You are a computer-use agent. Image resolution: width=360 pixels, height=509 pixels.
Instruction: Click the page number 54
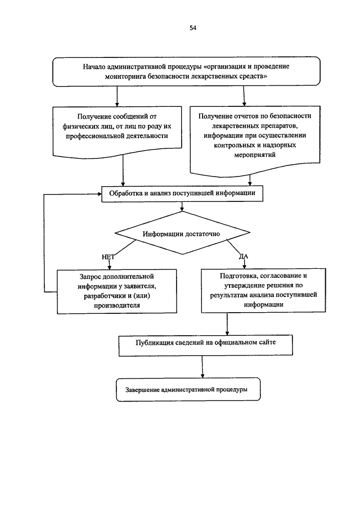point(193,28)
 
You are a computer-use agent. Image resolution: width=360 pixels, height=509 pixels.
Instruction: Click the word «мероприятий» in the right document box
point(255,155)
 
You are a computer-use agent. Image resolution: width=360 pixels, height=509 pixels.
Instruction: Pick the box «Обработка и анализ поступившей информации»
point(182,194)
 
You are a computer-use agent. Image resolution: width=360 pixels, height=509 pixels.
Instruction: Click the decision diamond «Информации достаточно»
point(182,233)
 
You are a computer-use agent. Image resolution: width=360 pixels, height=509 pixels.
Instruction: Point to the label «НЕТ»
point(108,257)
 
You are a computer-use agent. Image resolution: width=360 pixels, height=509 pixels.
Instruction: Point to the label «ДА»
point(244,256)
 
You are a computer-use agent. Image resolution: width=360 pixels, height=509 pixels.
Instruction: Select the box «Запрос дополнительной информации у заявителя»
point(117,291)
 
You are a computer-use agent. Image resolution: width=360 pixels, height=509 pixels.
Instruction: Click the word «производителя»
point(117,305)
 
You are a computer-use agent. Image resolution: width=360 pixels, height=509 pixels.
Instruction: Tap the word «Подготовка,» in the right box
point(239,276)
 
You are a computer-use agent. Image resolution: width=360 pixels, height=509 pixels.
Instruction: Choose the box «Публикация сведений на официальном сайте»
point(205,345)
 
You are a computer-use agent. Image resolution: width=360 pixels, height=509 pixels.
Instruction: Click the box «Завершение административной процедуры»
point(188,389)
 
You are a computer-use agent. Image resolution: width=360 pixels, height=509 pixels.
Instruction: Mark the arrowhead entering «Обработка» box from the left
point(100,194)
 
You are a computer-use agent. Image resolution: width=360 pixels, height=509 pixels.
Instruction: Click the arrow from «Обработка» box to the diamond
point(182,206)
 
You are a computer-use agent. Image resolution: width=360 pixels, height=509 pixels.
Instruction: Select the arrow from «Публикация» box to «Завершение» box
point(202,367)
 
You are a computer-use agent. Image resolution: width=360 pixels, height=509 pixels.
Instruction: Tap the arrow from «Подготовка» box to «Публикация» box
point(227,323)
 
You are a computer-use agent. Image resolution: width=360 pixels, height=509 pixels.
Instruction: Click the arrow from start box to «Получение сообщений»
point(117,96)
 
